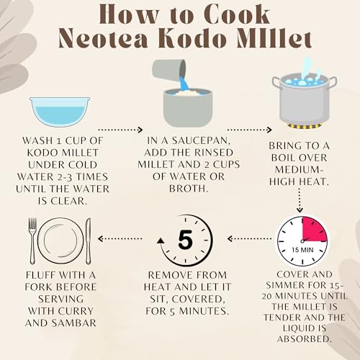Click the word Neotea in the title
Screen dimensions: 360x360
pyautogui.click(x=103, y=38)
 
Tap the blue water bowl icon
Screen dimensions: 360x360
pyautogui.click(x=60, y=112)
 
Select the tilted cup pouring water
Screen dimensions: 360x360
pyautogui.click(x=169, y=71)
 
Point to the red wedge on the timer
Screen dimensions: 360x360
pyautogui.click(x=314, y=230)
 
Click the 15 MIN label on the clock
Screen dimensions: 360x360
pyautogui.click(x=302, y=250)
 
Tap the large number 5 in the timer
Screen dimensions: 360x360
pyautogui.click(x=185, y=240)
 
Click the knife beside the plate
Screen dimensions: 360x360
pyautogui.click(x=89, y=241)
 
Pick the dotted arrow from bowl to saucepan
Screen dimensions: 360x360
pyautogui.click(x=120, y=130)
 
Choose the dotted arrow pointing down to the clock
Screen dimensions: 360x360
pyautogui.click(x=300, y=200)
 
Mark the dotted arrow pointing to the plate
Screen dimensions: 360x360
pyautogui.click(x=120, y=238)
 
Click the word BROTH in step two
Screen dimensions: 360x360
pyautogui.click(x=189, y=189)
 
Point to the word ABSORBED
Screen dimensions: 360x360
pyautogui.click(x=304, y=339)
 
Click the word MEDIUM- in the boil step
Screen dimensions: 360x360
pyautogui.click(x=298, y=170)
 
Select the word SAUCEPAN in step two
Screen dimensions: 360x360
pyautogui.click(x=201, y=141)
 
